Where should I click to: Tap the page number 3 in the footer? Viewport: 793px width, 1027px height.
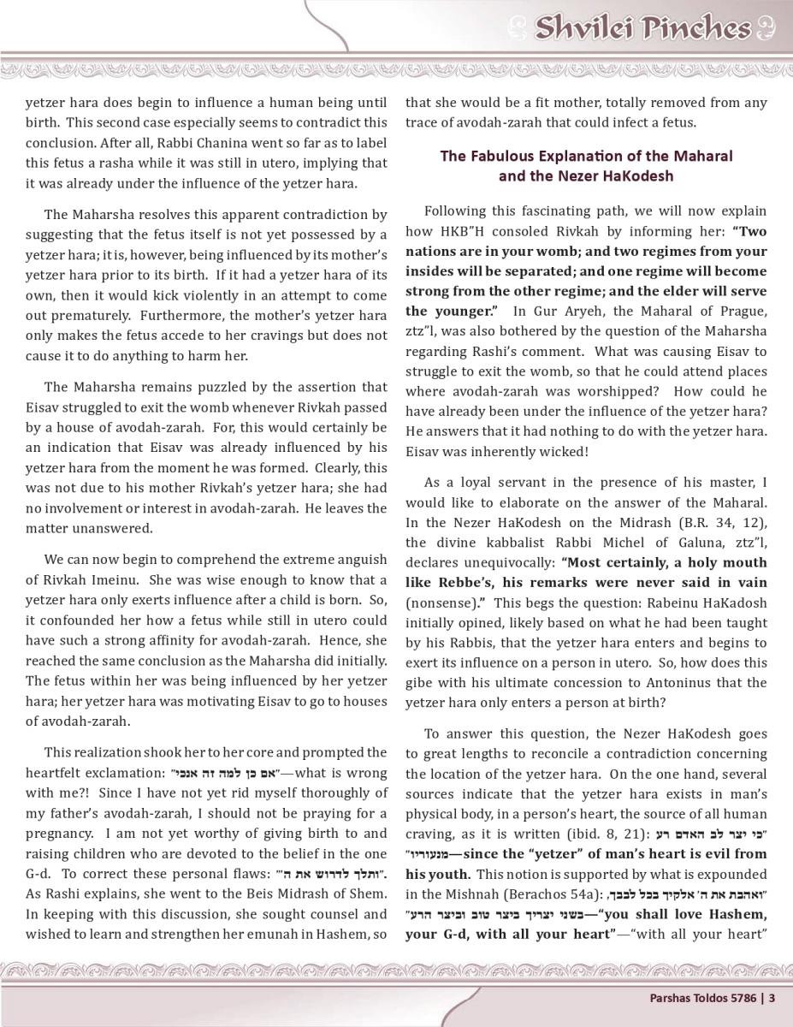pyautogui.click(x=772, y=997)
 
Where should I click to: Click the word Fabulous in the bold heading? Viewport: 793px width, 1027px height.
pyautogui.click(x=502, y=156)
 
